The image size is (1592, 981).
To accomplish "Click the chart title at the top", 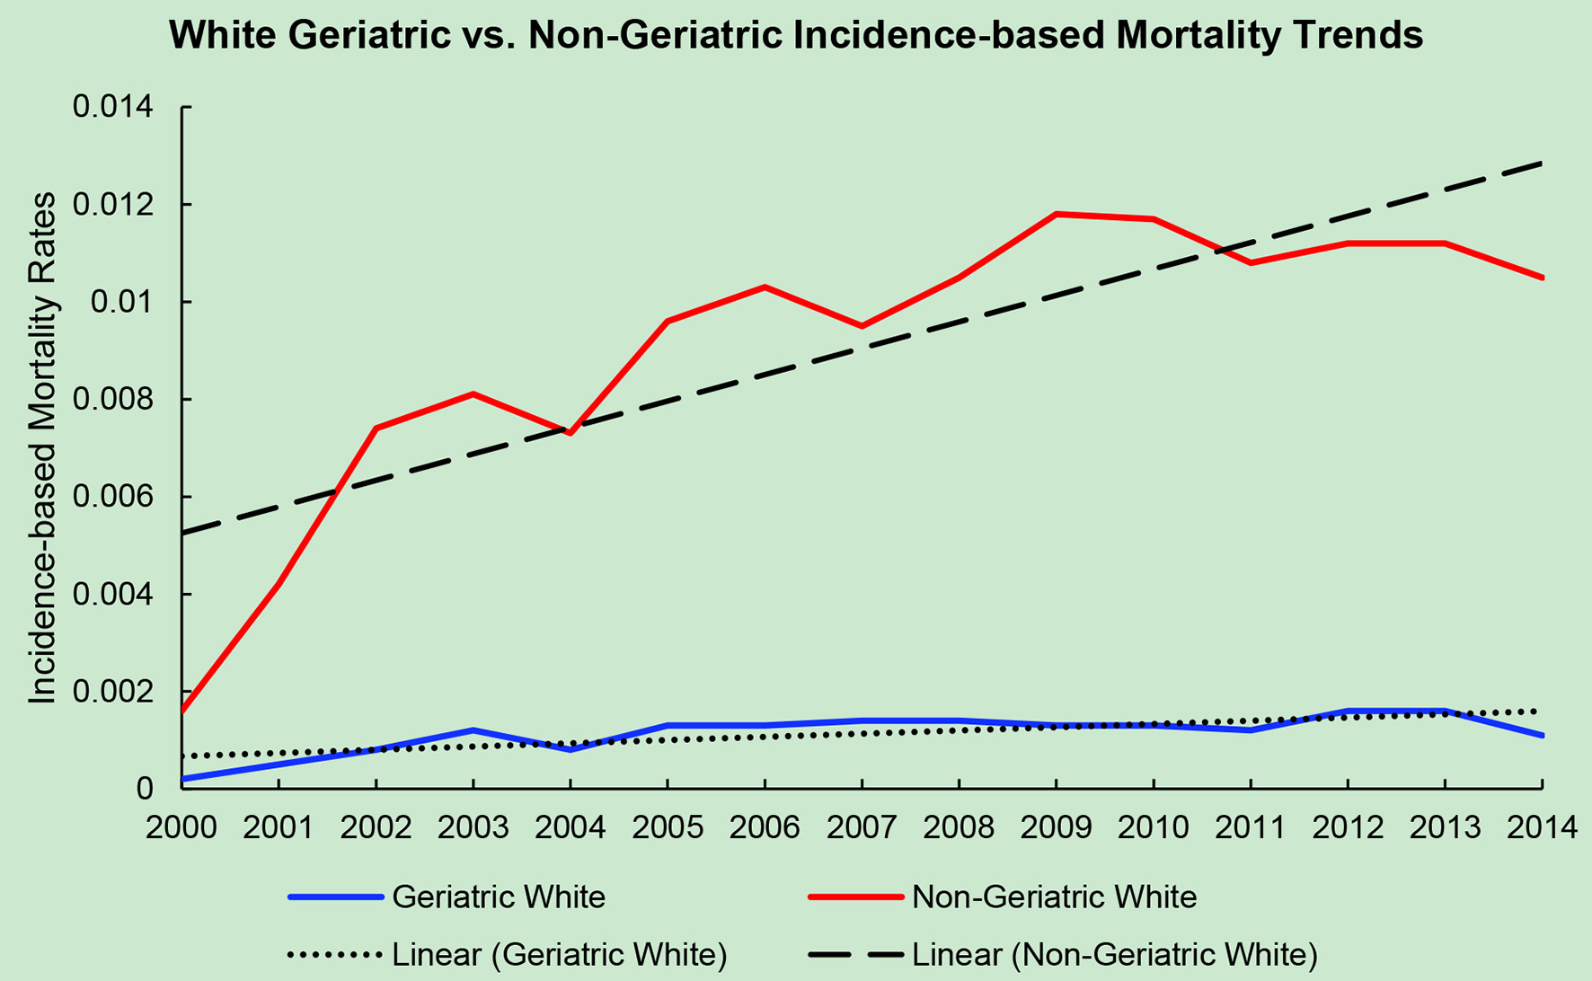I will (796, 36).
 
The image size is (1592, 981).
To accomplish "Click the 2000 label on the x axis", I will (181, 826).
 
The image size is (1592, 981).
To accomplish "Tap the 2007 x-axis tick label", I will (862, 826).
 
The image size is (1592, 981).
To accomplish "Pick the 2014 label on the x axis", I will (1542, 826).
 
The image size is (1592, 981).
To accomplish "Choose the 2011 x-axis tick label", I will (1251, 826).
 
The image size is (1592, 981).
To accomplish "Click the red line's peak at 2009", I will (1057, 214).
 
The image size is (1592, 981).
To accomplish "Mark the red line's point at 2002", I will (376, 429).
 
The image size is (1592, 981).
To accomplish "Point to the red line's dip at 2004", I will (570, 433).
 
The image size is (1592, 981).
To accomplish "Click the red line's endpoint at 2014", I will (1543, 278).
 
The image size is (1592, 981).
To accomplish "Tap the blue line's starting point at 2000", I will (182, 779).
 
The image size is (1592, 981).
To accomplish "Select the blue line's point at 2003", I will (473, 729).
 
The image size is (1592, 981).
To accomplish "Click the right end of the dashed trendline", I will (1542, 163).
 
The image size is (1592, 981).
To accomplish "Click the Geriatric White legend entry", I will (499, 897).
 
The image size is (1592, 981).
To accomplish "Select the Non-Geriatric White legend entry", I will (1054, 897).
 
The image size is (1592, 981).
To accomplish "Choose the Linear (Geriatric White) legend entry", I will (559, 954).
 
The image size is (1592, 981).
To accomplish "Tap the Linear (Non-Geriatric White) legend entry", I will (1114, 954).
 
